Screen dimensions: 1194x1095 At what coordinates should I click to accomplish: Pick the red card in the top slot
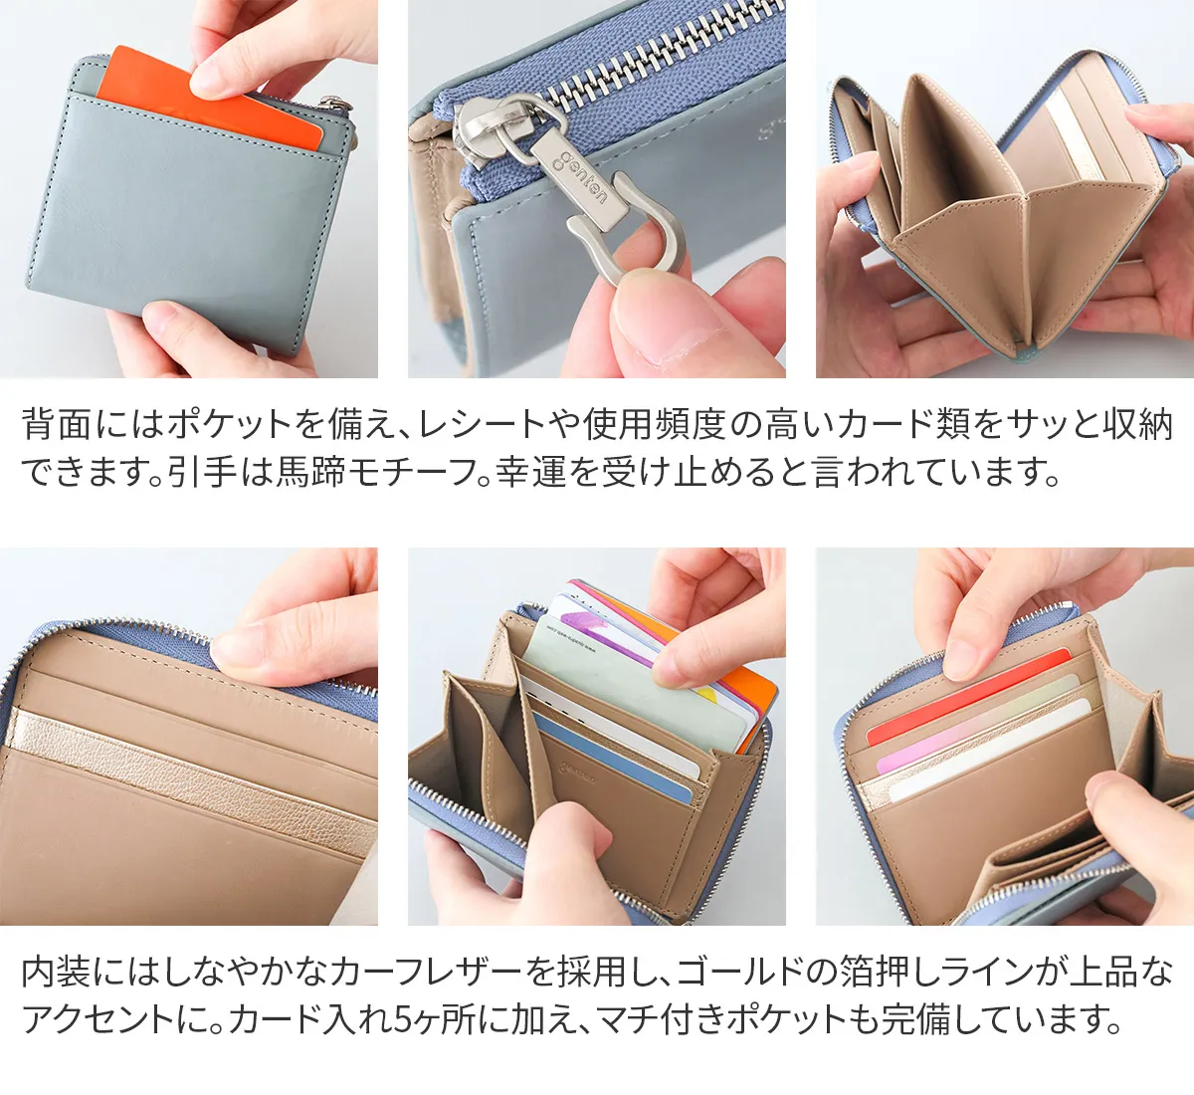[x=967, y=696]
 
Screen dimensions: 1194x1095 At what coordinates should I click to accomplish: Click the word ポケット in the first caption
[x=230, y=424]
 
